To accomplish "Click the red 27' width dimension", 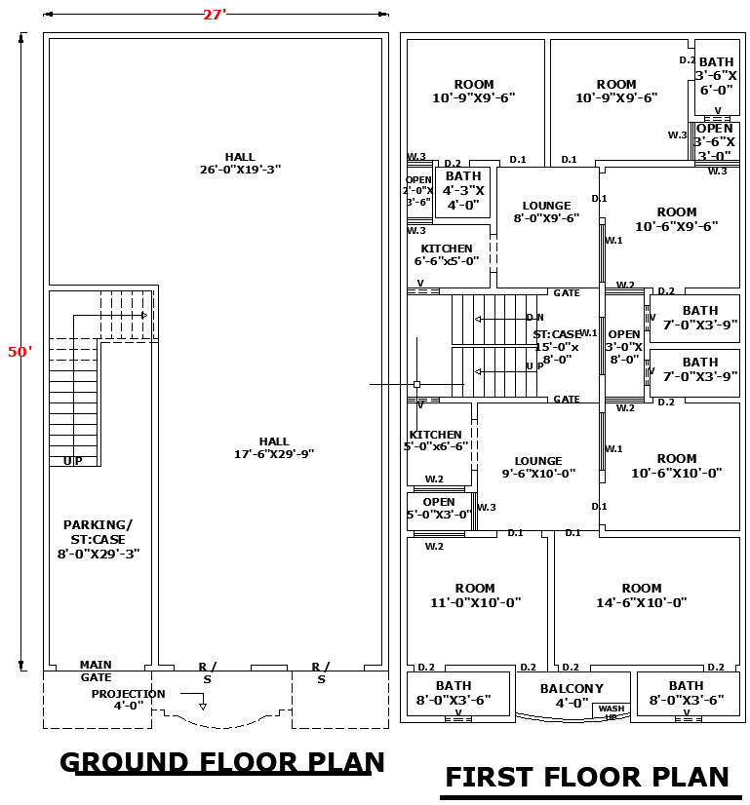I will pyautogui.click(x=213, y=15).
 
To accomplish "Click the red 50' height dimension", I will pyautogui.click(x=20, y=352).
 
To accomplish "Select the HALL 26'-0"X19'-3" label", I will pyautogui.click(x=240, y=163).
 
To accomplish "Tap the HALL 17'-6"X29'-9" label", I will pyautogui.click(x=273, y=448).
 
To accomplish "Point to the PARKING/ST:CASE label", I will pyautogui.click(x=98, y=539).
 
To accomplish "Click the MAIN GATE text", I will pyautogui.click(x=96, y=671).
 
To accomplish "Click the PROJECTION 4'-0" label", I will pyautogui.click(x=129, y=699).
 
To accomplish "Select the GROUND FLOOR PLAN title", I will pyautogui.click(x=222, y=762).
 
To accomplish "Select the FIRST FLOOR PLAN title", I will pyautogui.click(x=587, y=777).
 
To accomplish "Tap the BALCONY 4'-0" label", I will pyautogui.click(x=572, y=696).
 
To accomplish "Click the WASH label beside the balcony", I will pyautogui.click(x=612, y=709).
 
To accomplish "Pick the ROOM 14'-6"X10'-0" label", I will pyautogui.click(x=642, y=595).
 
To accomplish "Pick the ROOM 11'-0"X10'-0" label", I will pyautogui.click(x=475, y=595).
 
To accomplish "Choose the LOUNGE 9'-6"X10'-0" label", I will pyautogui.click(x=538, y=468).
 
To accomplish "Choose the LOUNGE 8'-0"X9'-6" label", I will pyautogui.click(x=546, y=212).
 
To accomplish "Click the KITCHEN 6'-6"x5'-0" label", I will pyautogui.click(x=447, y=254).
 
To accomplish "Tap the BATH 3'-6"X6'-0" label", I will pyautogui.click(x=716, y=76).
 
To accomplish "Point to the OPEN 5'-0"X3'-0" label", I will pyautogui.click(x=439, y=508).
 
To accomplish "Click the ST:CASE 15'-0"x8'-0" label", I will pyautogui.click(x=557, y=346).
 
